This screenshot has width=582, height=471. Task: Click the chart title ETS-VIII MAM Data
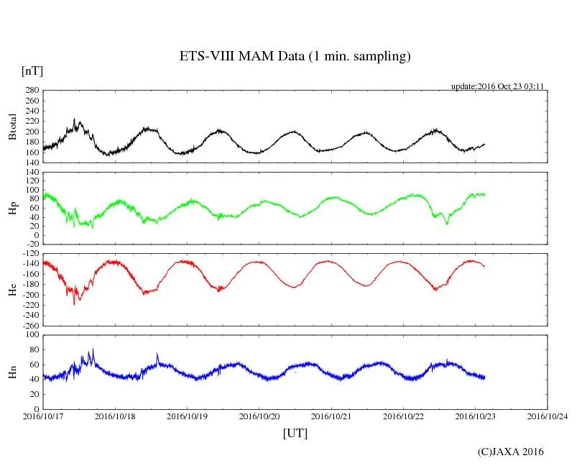[x=295, y=57]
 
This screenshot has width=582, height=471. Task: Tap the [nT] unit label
[x=32, y=71]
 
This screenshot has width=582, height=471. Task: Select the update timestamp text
[x=496, y=86]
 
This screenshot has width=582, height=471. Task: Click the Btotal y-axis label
[x=12, y=127]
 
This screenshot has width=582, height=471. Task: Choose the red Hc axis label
[x=12, y=289]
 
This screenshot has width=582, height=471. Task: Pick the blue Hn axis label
[x=12, y=371]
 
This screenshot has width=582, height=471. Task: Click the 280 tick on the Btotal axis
[x=31, y=91]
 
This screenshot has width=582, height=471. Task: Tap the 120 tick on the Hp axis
[x=31, y=173]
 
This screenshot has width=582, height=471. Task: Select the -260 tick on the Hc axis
[x=29, y=326]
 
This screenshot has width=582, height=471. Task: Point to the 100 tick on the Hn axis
[x=31, y=335]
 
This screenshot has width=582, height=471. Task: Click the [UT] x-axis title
[x=295, y=434]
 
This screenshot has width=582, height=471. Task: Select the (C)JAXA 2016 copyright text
[x=510, y=452]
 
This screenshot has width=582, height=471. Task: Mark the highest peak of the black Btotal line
[x=75, y=120]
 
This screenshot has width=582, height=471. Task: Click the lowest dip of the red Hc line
[x=74, y=304]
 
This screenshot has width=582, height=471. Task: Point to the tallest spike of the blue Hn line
[x=93, y=349]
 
